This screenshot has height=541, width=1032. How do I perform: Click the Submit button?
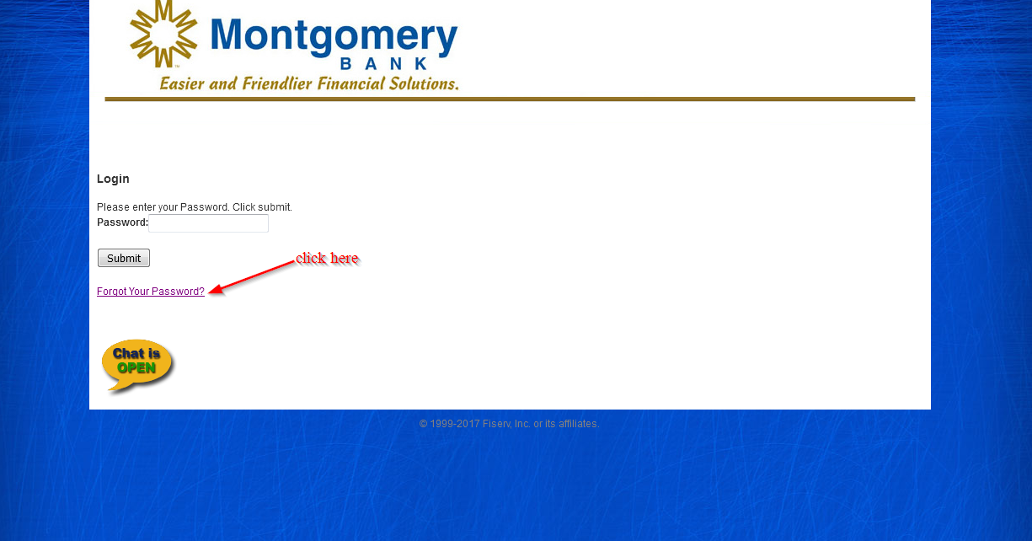(x=124, y=258)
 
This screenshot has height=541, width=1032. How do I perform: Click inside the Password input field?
(x=208, y=223)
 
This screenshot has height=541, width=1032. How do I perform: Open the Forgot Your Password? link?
(x=151, y=292)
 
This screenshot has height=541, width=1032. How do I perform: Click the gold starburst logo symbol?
(x=163, y=35)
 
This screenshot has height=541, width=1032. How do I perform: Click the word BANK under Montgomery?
(x=384, y=64)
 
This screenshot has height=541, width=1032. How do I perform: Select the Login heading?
(x=113, y=179)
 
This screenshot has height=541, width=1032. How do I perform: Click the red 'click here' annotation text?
(x=327, y=258)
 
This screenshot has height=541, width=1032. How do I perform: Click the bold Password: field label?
(x=122, y=222)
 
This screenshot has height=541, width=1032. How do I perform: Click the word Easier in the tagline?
(x=181, y=84)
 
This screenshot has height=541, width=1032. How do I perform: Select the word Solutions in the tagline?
(x=424, y=84)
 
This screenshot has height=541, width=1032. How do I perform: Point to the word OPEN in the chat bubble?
(x=136, y=368)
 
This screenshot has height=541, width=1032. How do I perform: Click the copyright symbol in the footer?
(x=423, y=424)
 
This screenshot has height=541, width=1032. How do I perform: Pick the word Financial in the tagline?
(x=351, y=84)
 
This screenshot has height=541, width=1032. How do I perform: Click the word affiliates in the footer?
(x=579, y=424)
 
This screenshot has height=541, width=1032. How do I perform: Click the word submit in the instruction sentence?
(x=275, y=207)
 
